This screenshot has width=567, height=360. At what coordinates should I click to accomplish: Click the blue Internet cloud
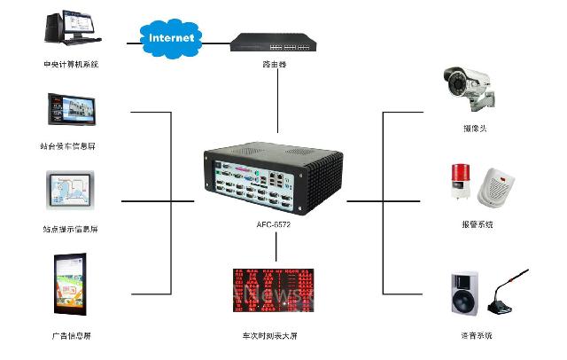coord(173,38)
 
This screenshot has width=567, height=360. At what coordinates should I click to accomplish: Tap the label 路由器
coord(275,66)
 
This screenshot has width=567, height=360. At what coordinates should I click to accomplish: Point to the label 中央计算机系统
coord(71,64)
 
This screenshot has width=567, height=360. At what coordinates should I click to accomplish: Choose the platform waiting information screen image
coord(70,111)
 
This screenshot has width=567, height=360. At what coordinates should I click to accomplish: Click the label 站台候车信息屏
coord(71,145)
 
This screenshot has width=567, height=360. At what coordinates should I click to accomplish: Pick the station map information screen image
coord(71,193)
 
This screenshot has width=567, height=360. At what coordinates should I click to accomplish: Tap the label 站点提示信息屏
coord(71,229)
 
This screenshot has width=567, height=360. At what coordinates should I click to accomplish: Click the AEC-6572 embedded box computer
coord(275,177)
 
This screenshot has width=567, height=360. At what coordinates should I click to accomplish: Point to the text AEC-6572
coord(274,225)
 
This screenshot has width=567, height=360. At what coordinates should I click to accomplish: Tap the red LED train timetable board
coord(274,289)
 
